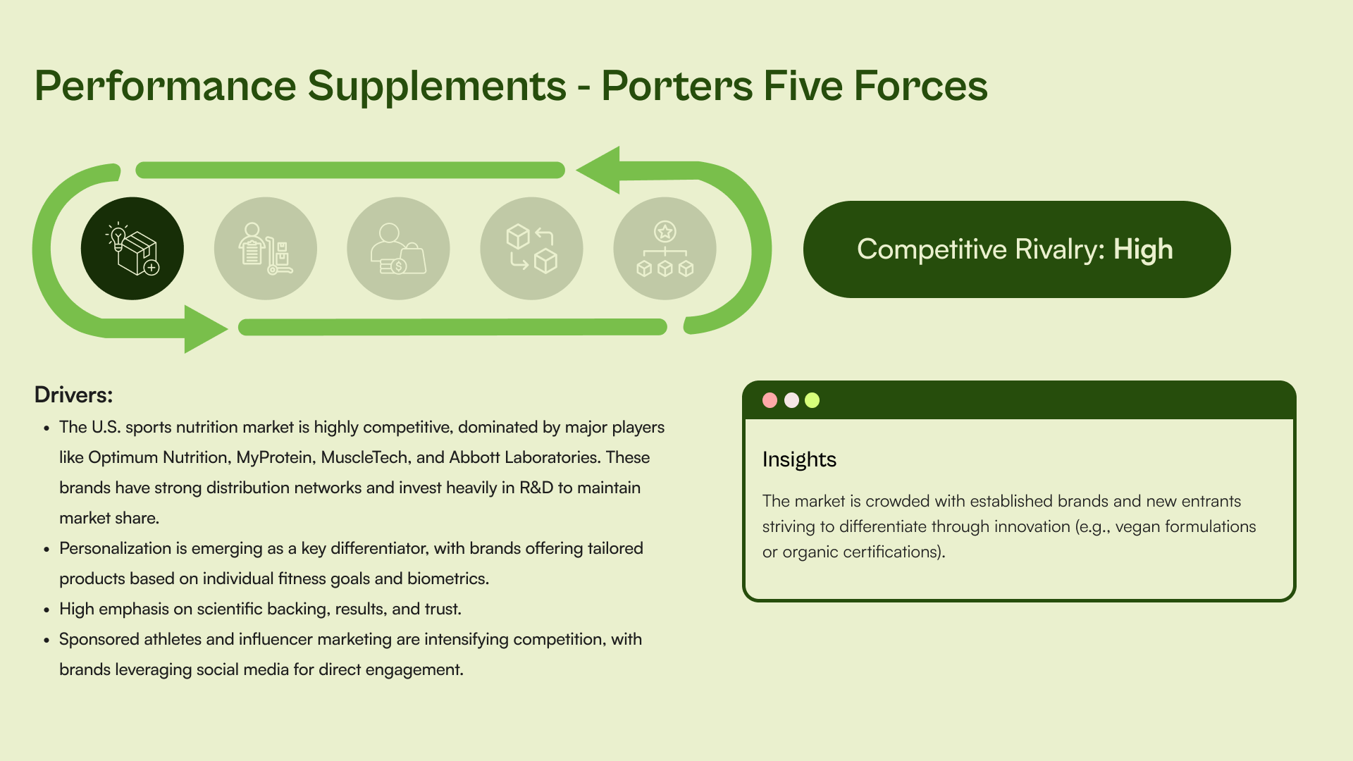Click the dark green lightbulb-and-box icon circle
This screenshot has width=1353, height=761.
pyautogui.click(x=132, y=249)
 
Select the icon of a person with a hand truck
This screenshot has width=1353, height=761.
pyautogui.click(x=266, y=249)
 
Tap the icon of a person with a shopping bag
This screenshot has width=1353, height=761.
pyautogui.click(x=398, y=249)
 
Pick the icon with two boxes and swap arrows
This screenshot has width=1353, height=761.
pyautogui.click(x=531, y=249)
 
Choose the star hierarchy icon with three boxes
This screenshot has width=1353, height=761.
pyautogui.click(x=665, y=249)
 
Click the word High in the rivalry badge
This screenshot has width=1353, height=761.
pyautogui.click(x=1143, y=249)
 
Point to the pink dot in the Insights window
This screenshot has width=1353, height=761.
pyautogui.click(x=770, y=400)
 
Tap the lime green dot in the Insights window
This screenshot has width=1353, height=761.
pyautogui.click(x=813, y=400)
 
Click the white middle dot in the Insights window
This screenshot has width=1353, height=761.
pyautogui.click(x=791, y=400)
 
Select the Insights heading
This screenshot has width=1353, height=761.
pyautogui.click(x=799, y=459)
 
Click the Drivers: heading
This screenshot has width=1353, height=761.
pyautogui.click(x=73, y=395)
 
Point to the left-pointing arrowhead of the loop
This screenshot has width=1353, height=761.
pyautogui.click(x=599, y=170)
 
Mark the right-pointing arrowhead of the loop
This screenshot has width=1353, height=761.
pyautogui.click(x=205, y=328)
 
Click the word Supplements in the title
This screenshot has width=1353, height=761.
pyautogui.click(x=437, y=86)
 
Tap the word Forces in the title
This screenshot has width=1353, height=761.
pyautogui.click(x=921, y=86)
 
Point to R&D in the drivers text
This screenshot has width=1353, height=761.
pyautogui.click(x=536, y=488)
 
